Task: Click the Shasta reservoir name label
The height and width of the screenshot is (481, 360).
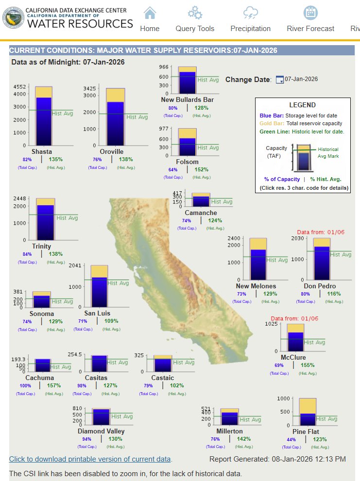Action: (x=41, y=151)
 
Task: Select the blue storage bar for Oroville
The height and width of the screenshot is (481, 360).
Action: (x=115, y=124)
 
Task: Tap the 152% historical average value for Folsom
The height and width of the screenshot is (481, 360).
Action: (x=201, y=169)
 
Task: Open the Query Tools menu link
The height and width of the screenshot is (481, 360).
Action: (x=195, y=29)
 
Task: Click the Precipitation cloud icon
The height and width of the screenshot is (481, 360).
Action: (x=250, y=13)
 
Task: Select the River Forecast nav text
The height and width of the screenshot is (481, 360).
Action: (x=310, y=29)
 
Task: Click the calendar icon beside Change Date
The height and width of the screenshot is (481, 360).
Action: (x=279, y=80)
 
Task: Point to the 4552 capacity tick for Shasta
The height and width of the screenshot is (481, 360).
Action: (x=19, y=87)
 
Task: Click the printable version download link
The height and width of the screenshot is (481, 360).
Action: (x=90, y=459)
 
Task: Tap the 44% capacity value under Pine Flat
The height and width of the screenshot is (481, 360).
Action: (x=291, y=439)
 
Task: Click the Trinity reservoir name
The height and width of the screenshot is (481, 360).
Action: (x=41, y=246)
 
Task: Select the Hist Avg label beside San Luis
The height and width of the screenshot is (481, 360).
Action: (x=118, y=283)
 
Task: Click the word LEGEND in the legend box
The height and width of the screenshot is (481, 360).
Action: (x=302, y=105)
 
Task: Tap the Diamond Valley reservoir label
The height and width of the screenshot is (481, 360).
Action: (x=101, y=431)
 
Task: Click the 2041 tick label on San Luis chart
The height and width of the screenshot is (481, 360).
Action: (x=75, y=265)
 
